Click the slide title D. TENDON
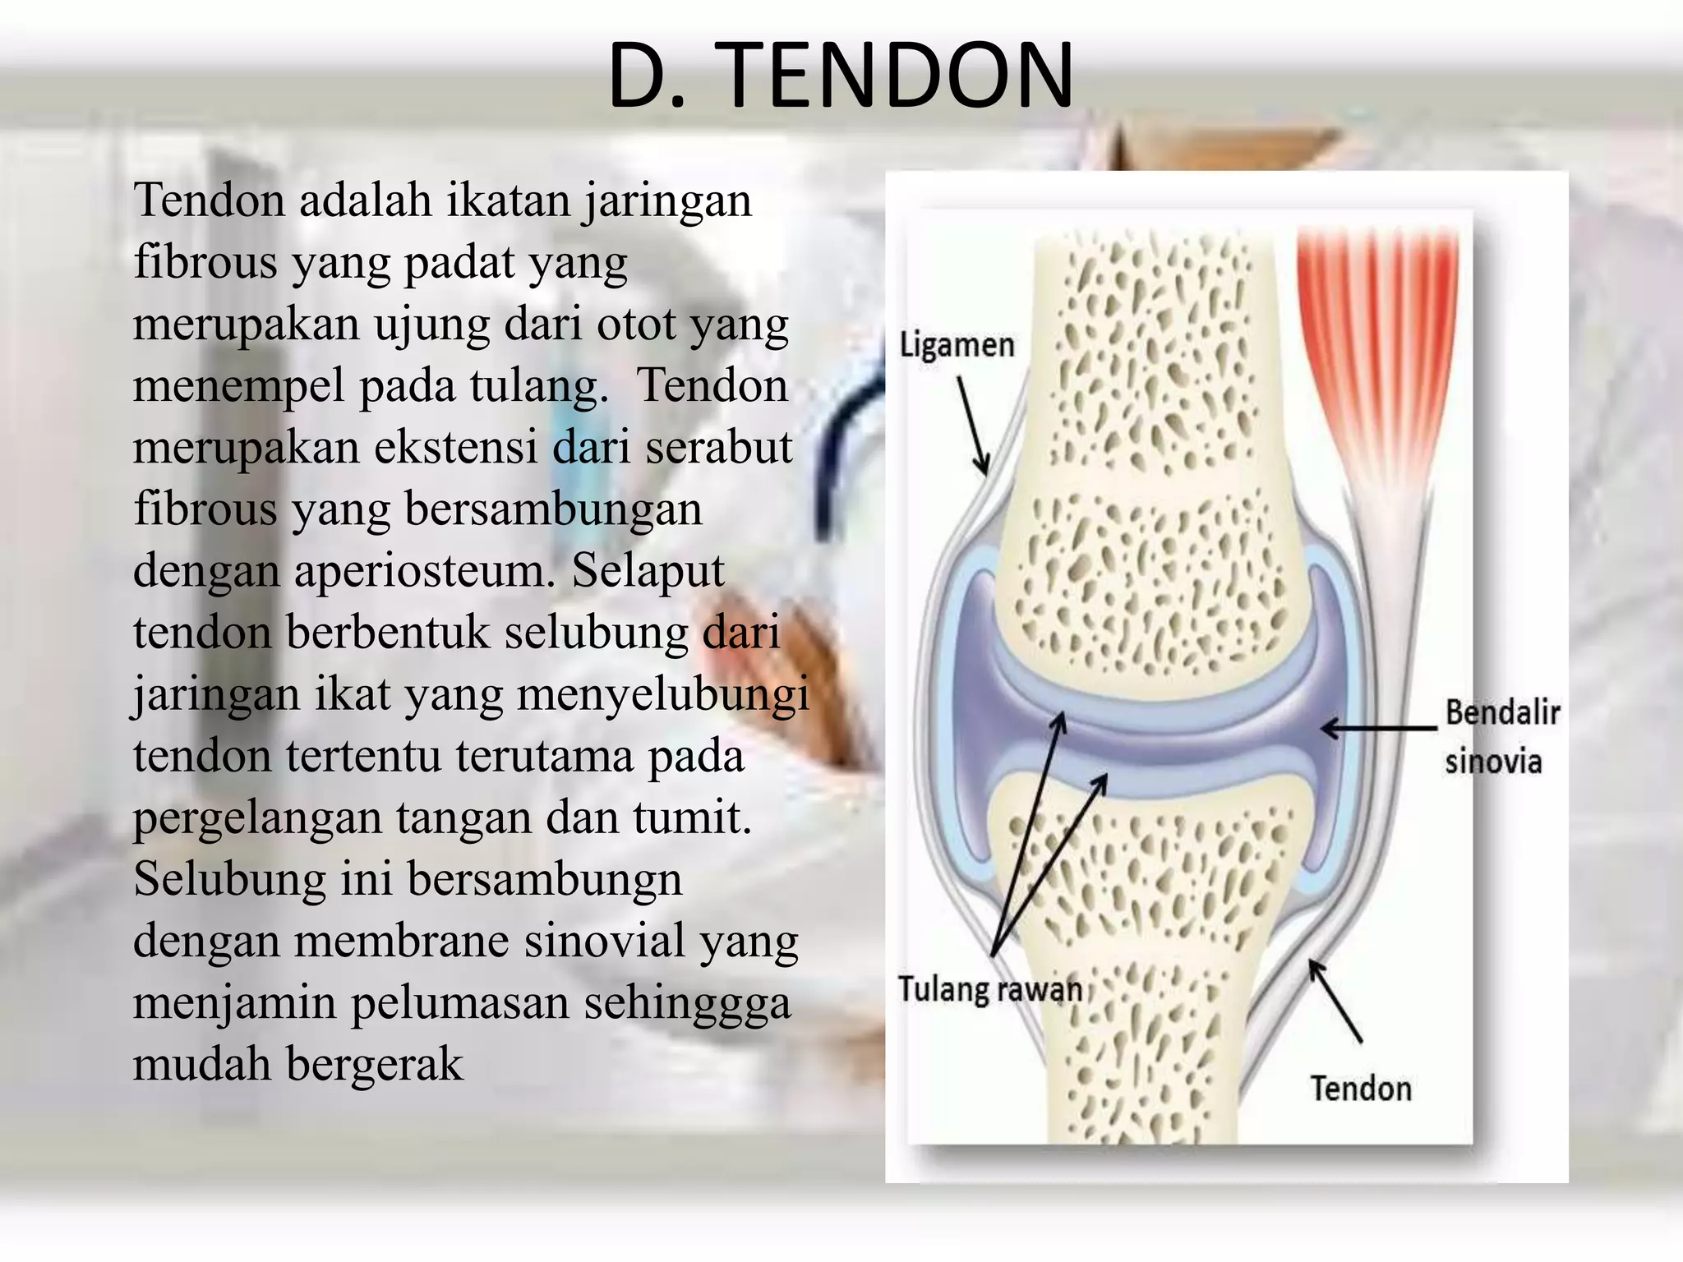pos(840,76)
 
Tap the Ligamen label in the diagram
pos(957,345)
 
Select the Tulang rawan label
pos(989,988)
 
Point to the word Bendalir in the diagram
pos(1502,712)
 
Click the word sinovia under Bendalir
pos(1492,762)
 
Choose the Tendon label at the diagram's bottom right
pos(1360,1089)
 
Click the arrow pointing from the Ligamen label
pos(972,425)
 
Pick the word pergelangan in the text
pos(257,818)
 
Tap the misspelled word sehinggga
pos(687,1003)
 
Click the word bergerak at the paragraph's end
pos(375,1065)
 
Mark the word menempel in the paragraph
pos(238,386)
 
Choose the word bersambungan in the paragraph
pos(553,509)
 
